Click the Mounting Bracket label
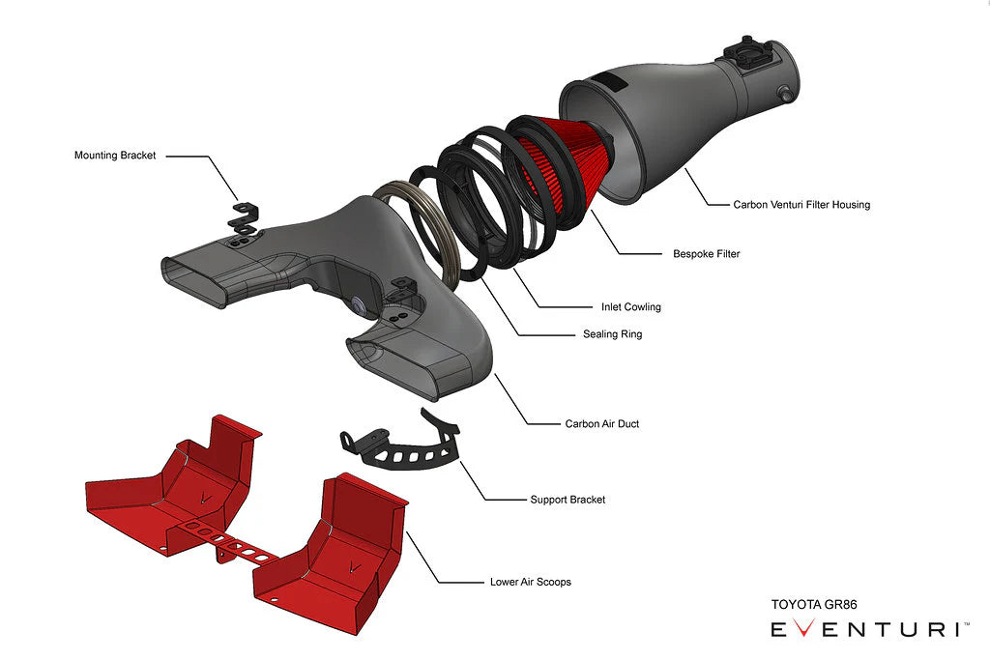click(x=114, y=155)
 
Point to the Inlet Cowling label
click(x=631, y=307)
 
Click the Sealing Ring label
click(x=612, y=334)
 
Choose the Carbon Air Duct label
click(x=601, y=423)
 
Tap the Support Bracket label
click(x=568, y=500)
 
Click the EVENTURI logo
click(x=865, y=630)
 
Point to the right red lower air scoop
click(x=334, y=551)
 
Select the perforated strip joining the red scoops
click(x=228, y=541)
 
